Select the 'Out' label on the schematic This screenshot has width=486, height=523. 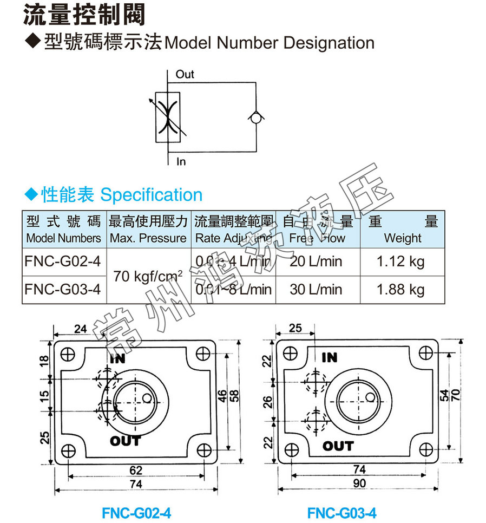pos(185,75)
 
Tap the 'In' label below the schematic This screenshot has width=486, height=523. pos(181,161)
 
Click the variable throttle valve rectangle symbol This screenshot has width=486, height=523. pos(168,117)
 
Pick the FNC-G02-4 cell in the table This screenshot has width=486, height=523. pos(63,261)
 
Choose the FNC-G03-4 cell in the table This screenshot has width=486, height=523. pos(63,289)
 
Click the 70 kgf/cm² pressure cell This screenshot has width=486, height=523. pos(148,276)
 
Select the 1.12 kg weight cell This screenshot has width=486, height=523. pos(400,261)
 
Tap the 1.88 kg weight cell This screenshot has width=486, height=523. pos(400,289)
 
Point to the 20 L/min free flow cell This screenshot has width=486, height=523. pos(316,261)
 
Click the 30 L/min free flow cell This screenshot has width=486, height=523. pos(316,289)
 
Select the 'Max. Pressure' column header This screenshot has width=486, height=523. pos(148,238)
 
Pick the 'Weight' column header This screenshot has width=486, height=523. pos(402,238)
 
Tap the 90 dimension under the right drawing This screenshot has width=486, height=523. pos(359,483)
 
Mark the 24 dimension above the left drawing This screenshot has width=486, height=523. pos(80,328)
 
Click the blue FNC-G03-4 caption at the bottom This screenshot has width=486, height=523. pos(342,512)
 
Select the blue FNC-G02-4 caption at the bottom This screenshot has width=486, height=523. pos(136,512)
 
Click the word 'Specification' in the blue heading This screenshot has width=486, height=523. pos(152,195)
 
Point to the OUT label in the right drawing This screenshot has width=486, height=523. pos(338,446)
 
